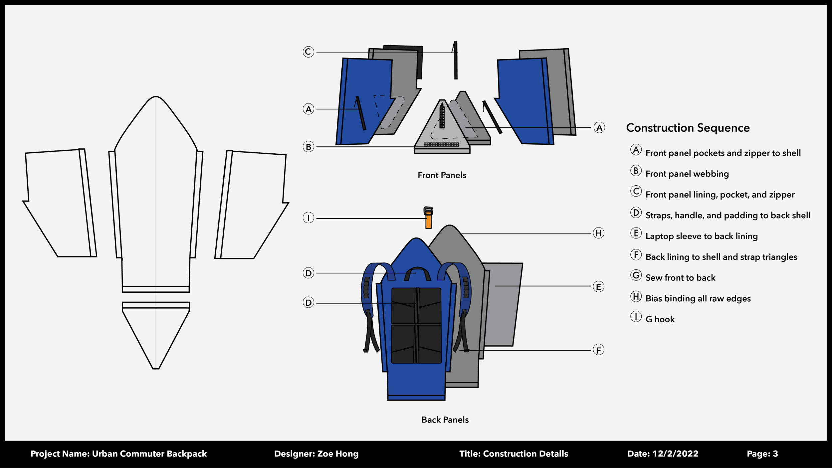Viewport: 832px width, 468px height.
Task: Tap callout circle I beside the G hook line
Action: (x=309, y=218)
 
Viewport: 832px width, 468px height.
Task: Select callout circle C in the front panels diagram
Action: (x=309, y=52)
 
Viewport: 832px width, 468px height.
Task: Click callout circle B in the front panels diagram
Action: (x=309, y=147)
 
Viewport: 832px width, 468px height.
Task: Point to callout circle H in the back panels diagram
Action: (x=598, y=233)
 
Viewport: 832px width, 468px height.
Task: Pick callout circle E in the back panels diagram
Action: (x=598, y=287)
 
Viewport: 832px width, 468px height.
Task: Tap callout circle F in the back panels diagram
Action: (x=598, y=350)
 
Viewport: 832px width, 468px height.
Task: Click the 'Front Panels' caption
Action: (x=442, y=175)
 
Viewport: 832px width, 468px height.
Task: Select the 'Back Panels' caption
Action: (x=445, y=420)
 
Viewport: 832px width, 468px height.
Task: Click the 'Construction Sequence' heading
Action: (x=688, y=128)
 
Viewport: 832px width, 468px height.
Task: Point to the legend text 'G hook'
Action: (x=660, y=319)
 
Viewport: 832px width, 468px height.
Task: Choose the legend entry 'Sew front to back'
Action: (x=680, y=278)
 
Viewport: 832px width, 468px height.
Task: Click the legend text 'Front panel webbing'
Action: (x=687, y=174)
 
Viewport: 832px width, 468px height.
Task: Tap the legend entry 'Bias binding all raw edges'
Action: (x=698, y=299)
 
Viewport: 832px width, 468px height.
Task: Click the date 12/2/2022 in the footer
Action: (x=675, y=454)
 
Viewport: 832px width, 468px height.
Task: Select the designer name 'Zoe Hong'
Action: (x=338, y=454)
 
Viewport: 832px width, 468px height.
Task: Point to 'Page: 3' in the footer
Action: (x=762, y=454)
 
